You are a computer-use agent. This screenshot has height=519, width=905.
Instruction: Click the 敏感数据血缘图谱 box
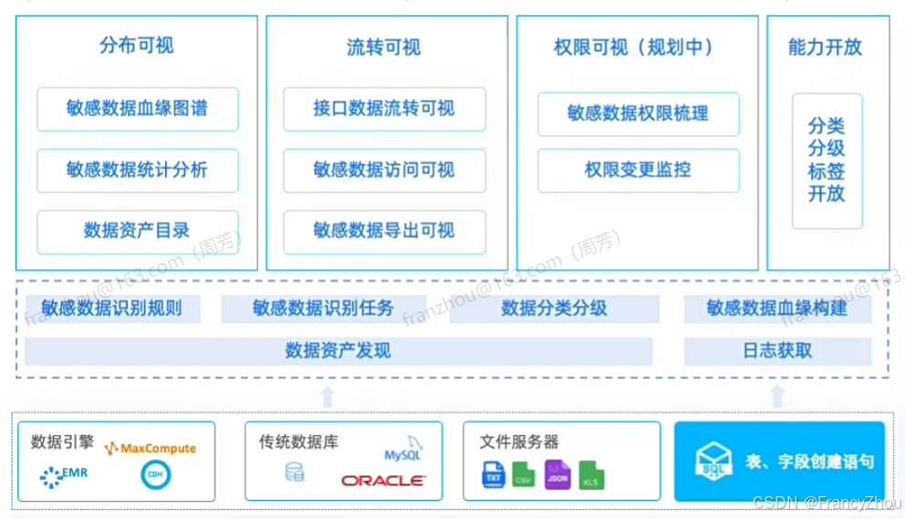(x=138, y=109)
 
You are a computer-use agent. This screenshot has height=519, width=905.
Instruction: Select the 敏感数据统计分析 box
(x=138, y=170)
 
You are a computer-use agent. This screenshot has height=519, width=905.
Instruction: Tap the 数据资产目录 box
(x=138, y=231)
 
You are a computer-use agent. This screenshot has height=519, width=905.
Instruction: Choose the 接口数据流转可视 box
(x=384, y=109)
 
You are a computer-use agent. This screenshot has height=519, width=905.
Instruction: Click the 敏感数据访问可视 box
(x=384, y=170)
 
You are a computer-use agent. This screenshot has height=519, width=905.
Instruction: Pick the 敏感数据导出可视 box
(x=384, y=231)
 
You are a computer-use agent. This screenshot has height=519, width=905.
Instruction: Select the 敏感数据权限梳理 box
(x=638, y=114)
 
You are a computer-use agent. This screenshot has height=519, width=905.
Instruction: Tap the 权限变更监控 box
(x=638, y=170)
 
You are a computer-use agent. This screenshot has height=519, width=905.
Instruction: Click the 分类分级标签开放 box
(x=827, y=160)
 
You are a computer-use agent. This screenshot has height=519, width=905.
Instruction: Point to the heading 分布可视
(x=137, y=46)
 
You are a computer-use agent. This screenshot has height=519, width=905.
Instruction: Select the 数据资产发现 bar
(x=338, y=351)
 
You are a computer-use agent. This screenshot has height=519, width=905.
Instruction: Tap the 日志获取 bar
(x=777, y=351)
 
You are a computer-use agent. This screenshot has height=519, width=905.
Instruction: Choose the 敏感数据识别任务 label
(x=324, y=308)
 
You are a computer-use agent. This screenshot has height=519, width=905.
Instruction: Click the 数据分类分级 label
(x=554, y=308)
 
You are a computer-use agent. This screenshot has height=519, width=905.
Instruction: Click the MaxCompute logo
(x=151, y=449)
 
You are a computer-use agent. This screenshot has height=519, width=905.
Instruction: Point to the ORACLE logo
(x=383, y=481)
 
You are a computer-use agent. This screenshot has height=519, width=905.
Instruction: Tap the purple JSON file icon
(x=557, y=474)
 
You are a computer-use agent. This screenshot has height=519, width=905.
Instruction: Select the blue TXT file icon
(x=494, y=474)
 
